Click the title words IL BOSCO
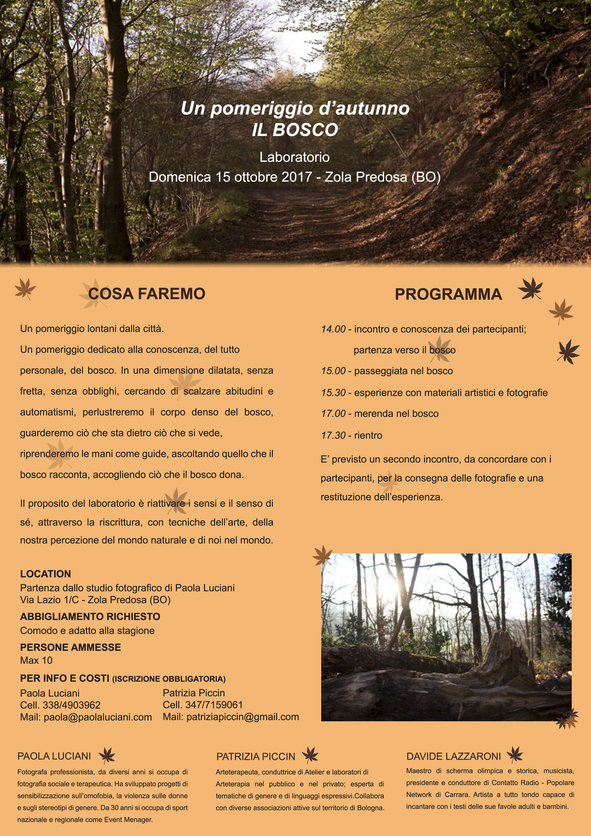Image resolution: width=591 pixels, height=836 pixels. [x=295, y=130]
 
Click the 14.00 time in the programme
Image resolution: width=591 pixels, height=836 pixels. [x=333, y=329]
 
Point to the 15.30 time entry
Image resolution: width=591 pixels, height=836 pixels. [x=333, y=393]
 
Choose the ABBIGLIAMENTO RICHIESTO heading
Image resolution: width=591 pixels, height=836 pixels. [x=90, y=616]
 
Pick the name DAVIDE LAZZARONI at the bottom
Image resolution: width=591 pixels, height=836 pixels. [x=453, y=756]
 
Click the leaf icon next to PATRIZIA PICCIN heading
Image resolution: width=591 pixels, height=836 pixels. [x=310, y=755]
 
